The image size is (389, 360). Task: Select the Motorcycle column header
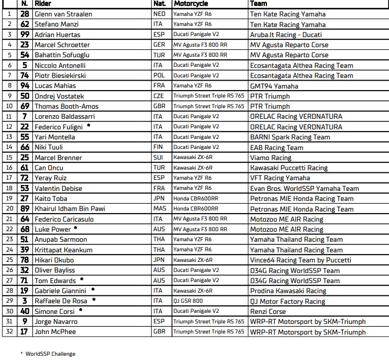coord(191,3)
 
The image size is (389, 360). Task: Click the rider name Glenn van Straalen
coord(63,14)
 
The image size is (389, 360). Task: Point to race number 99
coord(24,34)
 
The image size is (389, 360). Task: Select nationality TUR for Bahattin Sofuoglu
coord(159,55)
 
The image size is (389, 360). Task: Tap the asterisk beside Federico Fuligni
coord(89,126)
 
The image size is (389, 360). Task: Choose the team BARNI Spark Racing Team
coord(290,137)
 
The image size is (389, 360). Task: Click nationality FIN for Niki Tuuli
coord(158,147)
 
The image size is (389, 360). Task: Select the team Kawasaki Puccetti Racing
coord(289,168)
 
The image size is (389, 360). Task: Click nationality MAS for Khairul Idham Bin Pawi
coord(159,209)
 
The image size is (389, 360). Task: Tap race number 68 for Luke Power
coord(24,230)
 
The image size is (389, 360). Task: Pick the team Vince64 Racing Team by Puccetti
coord(300,260)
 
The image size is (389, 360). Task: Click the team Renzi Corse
coord(267,312)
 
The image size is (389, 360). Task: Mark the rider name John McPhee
coord(55,332)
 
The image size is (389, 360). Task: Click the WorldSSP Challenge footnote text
coord(50,354)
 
